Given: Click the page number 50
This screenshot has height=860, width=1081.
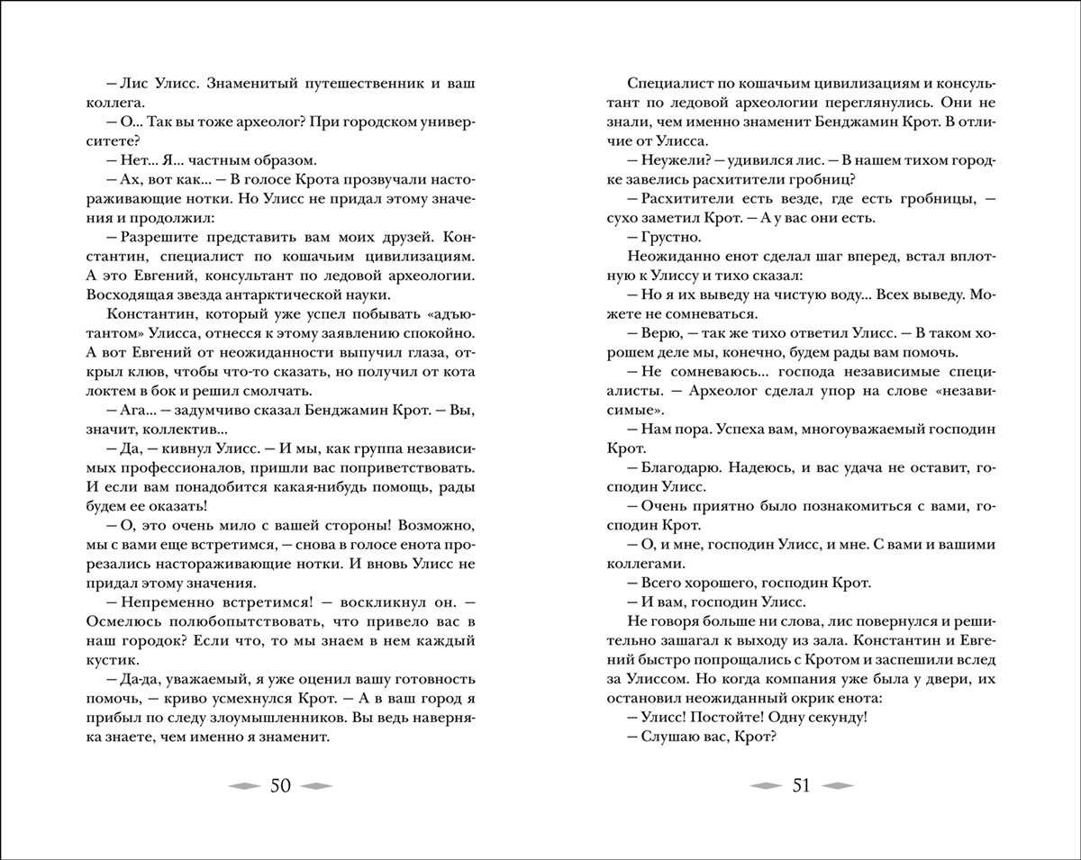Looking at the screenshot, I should (279, 786).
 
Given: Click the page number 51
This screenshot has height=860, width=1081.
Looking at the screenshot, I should (802, 786).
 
